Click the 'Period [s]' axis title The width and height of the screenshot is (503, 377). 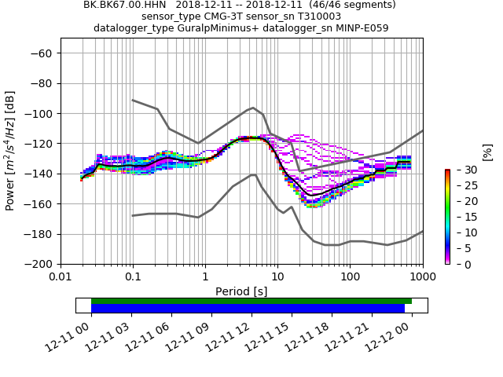click(x=241, y=291)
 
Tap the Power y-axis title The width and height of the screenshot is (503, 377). click(x=10, y=151)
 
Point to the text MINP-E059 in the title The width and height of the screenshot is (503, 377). click(x=362, y=28)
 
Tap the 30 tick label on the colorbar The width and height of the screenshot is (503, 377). click(x=461, y=170)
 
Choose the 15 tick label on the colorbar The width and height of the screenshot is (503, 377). click(x=461, y=217)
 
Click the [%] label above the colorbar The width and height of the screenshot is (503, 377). click(x=487, y=152)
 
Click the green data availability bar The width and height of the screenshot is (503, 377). click(x=251, y=301)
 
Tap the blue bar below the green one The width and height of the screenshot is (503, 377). click(x=248, y=309)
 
